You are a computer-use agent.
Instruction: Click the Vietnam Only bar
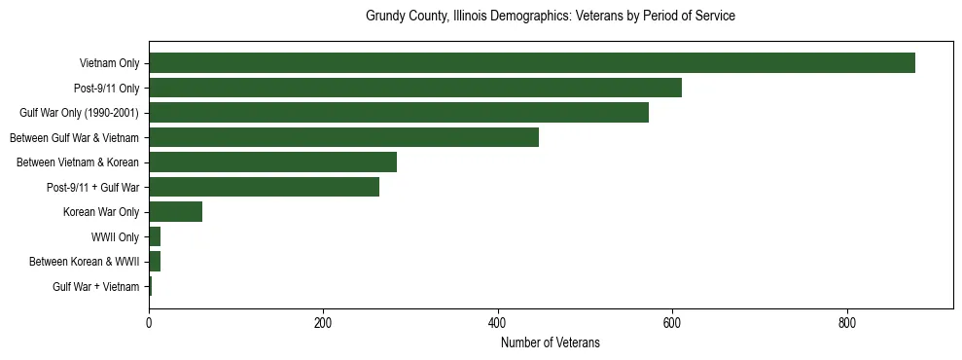click(x=531, y=63)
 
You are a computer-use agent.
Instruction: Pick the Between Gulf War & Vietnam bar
click(x=343, y=137)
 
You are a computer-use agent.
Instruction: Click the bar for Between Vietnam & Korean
click(x=272, y=162)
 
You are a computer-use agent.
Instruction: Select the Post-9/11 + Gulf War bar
click(x=264, y=187)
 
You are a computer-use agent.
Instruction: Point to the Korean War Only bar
click(x=175, y=212)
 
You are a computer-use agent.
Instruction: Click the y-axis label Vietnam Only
click(x=109, y=63)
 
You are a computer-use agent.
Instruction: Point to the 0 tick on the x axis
click(x=149, y=322)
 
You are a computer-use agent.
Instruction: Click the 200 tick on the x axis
click(x=323, y=322)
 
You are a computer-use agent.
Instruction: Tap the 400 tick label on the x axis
click(x=497, y=322)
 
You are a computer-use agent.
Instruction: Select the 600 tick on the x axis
click(x=671, y=322)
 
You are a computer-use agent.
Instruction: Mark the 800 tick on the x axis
click(x=846, y=322)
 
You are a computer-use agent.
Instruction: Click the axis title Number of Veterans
click(x=550, y=342)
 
